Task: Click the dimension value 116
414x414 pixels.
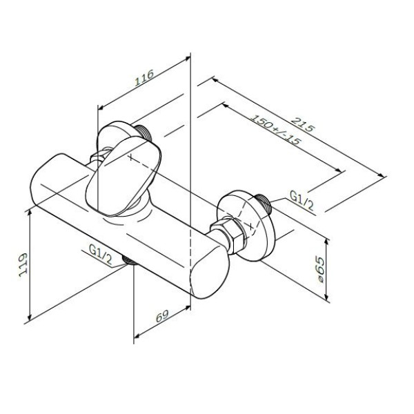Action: click(x=144, y=82)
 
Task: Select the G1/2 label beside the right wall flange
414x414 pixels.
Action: click(x=302, y=199)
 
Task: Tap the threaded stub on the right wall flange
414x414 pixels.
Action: click(x=265, y=203)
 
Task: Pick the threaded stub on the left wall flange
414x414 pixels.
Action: click(x=143, y=131)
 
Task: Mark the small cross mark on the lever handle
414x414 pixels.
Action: click(x=128, y=158)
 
